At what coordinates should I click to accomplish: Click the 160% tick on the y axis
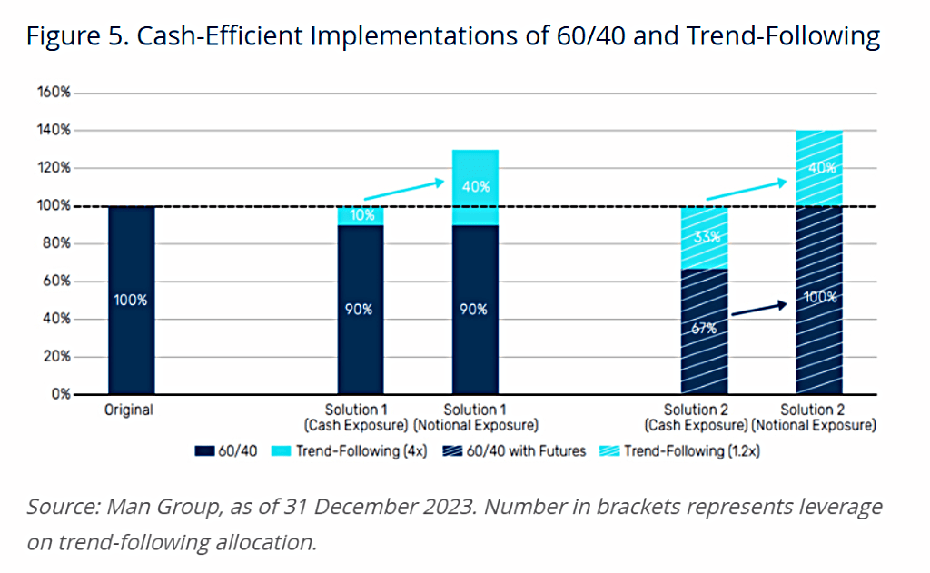click(x=54, y=92)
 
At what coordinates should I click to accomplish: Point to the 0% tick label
click(x=61, y=394)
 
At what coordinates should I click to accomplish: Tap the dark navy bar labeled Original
click(x=131, y=301)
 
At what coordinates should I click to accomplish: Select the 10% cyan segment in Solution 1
click(x=361, y=216)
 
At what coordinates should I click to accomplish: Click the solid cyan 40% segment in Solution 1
click(x=475, y=187)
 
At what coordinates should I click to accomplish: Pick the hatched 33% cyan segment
click(x=704, y=237)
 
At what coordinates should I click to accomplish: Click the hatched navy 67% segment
click(x=704, y=331)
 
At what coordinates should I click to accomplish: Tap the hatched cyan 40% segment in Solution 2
click(x=819, y=169)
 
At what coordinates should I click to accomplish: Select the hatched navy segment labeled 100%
click(x=819, y=301)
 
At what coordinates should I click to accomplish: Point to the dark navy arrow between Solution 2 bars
click(x=759, y=309)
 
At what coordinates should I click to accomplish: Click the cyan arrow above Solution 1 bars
click(x=404, y=190)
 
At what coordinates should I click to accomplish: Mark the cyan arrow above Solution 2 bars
click(x=747, y=191)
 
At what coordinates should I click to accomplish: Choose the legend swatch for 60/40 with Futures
click(x=452, y=451)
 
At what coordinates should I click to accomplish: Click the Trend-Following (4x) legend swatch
click(x=282, y=451)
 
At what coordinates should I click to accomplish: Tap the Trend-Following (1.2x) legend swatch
click(x=609, y=451)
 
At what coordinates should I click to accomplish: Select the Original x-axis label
click(x=129, y=410)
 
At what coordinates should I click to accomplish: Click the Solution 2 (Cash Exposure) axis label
click(x=696, y=418)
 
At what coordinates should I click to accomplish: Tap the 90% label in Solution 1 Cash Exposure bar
click(x=359, y=310)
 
